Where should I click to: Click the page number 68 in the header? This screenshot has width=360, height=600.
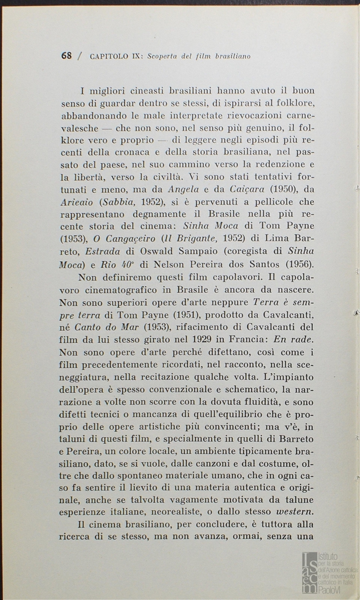(x=67, y=56)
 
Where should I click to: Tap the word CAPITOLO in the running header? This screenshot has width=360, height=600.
(x=110, y=56)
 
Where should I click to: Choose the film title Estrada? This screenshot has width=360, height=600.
(x=98, y=251)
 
